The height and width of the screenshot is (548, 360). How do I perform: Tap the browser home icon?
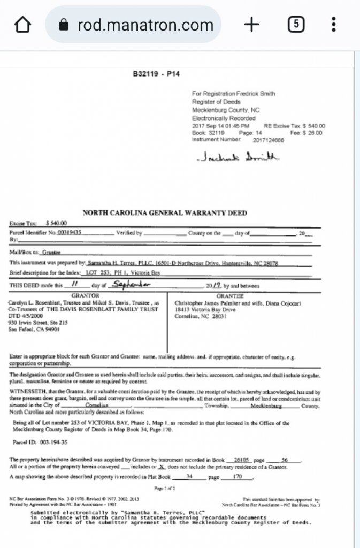click(x=22, y=25)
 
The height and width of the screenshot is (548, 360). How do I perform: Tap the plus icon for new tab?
click(x=251, y=25)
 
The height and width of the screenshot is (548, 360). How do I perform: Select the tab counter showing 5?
click(x=296, y=25)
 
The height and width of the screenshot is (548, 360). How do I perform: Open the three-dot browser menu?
click(x=334, y=25)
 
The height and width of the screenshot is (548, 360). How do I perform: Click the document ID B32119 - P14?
click(x=156, y=74)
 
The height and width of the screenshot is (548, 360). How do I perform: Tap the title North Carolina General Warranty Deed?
click(x=165, y=213)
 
